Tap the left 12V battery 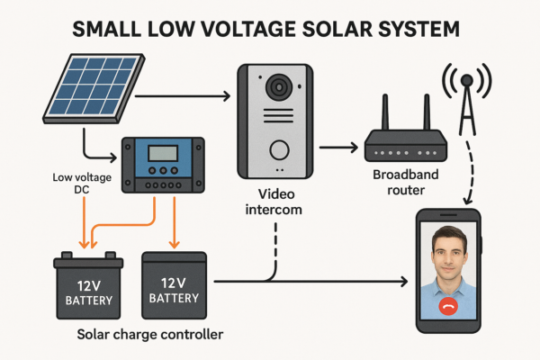coord(88,287)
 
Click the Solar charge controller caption coord(150,335)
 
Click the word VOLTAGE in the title coord(214,29)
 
